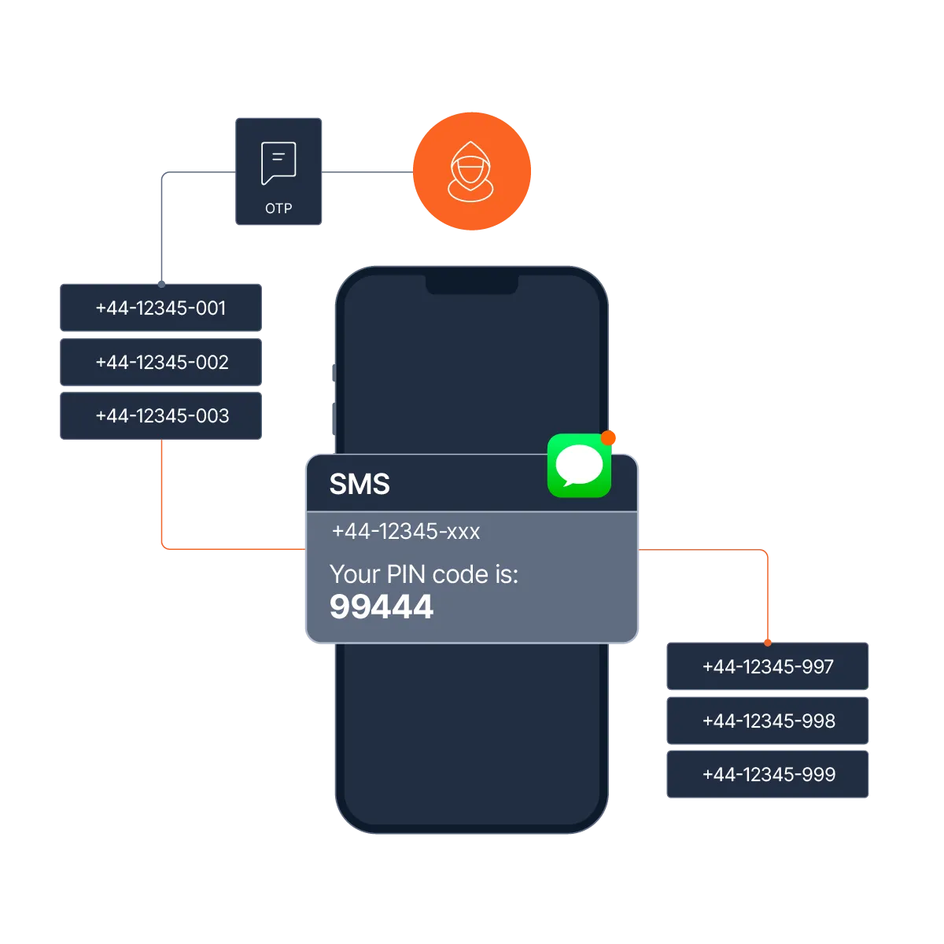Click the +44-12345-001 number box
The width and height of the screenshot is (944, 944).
160,308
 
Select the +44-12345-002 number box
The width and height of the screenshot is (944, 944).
160,362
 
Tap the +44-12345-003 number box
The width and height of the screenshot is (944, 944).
160,415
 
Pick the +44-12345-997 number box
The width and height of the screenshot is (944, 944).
768,667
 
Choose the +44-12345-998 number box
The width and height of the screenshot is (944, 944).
768,721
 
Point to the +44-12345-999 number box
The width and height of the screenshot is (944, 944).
768,774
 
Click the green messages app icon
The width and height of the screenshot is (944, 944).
579,466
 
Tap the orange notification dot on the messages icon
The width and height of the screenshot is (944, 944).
608,437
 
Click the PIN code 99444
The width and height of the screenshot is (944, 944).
382,607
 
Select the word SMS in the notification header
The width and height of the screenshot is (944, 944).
360,484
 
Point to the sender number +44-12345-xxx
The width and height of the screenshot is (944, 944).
406,532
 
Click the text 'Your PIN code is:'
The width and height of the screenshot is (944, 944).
424,574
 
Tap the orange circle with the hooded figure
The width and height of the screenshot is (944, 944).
472,171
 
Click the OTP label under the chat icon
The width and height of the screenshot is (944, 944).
278,208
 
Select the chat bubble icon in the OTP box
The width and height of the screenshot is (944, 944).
278,163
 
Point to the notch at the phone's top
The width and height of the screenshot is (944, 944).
472,284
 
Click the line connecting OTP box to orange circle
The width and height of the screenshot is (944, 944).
368,172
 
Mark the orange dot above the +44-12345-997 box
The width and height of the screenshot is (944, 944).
768,642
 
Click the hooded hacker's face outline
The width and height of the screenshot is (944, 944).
470,168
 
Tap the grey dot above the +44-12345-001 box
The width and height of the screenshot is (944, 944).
161,282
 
